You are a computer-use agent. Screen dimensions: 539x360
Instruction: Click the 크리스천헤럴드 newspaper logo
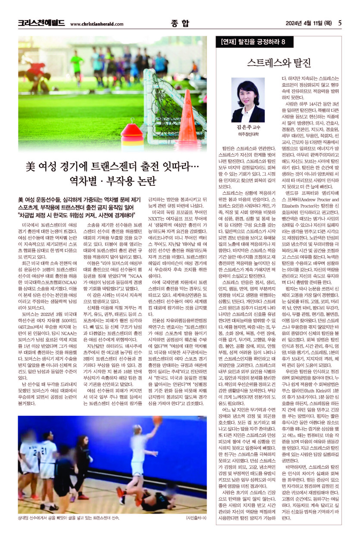(41, 23)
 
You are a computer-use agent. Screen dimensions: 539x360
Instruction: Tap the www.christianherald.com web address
(96, 24)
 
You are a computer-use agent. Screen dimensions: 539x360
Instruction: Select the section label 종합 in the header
(180, 23)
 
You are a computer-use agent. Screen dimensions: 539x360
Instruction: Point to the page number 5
(340, 23)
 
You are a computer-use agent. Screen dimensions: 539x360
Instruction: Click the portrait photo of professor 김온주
(248, 100)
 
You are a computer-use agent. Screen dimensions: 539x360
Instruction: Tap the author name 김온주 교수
(248, 128)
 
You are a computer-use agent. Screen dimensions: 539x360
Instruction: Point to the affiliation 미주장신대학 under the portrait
(248, 134)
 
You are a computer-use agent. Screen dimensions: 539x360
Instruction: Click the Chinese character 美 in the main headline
(30, 165)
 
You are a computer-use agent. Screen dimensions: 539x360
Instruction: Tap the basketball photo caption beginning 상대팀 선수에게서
(69, 517)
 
